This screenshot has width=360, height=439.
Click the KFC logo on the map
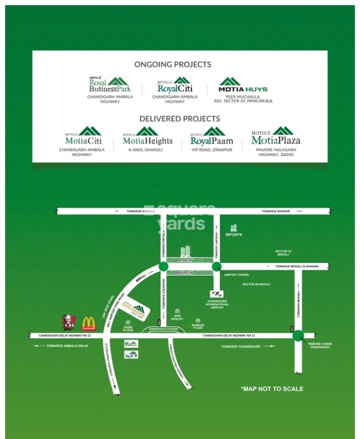(x=69, y=323)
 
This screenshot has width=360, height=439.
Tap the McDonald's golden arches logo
(x=89, y=324)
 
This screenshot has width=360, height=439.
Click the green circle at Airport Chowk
(x=216, y=266)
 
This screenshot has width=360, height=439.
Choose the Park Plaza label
(x=128, y=328)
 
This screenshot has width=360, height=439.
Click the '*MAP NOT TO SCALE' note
(x=272, y=389)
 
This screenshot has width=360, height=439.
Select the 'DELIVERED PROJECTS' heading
(x=179, y=118)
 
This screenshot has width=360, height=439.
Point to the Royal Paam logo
(x=212, y=136)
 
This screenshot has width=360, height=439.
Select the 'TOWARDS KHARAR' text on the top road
(x=276, y=211)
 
